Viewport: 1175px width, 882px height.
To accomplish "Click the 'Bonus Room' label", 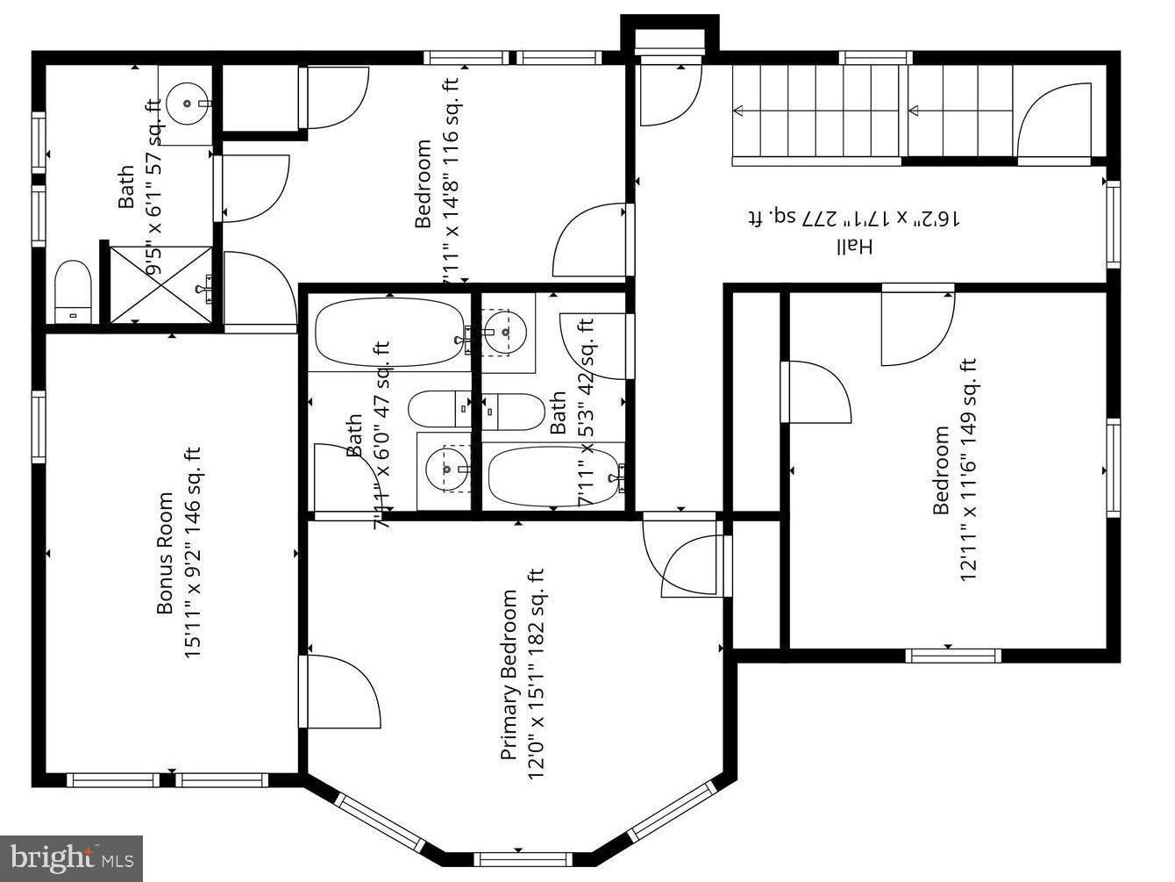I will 164,554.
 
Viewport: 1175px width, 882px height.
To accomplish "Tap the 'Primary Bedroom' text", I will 509,675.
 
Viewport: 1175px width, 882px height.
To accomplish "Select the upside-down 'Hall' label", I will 853,247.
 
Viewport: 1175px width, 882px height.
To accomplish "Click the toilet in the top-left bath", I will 74,292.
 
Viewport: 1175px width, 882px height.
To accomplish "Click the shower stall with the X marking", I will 160,284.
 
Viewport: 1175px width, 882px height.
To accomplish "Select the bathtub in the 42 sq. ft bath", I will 553,476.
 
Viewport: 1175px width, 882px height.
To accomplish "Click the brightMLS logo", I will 72,857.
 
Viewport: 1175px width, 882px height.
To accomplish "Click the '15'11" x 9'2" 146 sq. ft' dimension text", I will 193,554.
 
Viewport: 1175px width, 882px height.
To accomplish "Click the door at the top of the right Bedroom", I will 917,325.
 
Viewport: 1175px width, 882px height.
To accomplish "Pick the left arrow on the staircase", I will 738,111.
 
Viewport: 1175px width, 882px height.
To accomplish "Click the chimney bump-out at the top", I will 670,35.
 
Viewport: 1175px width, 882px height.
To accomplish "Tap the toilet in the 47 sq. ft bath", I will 441,409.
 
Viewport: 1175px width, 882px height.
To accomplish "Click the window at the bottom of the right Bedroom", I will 952,654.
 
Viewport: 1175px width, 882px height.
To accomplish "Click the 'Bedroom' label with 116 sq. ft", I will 424,183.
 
